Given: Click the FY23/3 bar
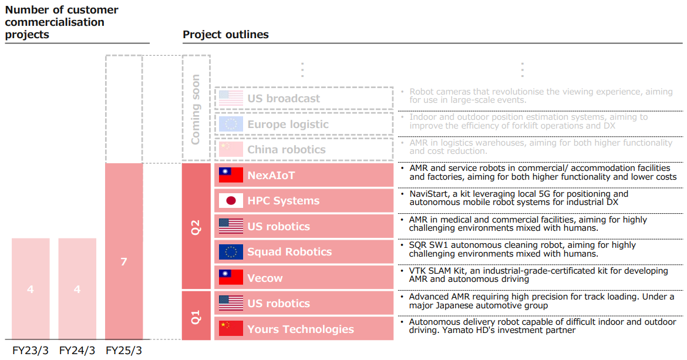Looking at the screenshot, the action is (x=31, y=288).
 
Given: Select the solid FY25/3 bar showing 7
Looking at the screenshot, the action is (x=124, y=251).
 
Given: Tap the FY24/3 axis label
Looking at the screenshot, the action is (x=77, y=351).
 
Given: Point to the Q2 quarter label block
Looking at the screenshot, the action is (x=196, y=227).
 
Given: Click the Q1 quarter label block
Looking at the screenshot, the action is (x=196, y=316).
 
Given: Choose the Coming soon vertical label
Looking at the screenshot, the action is (x=196, y=109).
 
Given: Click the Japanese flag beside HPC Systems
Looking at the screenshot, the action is (x=231, y=201).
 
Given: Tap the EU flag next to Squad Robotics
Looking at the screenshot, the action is (x=231, y=252).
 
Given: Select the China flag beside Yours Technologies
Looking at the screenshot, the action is (x=231, y=328).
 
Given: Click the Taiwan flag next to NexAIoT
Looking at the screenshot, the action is (x=231, y=175).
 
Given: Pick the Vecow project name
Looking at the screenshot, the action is (x=265, y=278).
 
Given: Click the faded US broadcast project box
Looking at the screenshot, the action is (x=304, y=99).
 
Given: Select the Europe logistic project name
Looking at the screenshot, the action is (x=288, y=125).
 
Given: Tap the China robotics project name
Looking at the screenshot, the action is (x=287, y=150).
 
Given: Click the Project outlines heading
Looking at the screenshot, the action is (x=225, y=34).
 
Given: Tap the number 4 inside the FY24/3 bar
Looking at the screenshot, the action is (x=77, y=289).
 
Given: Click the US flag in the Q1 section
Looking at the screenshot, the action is (x=231, y=303).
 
